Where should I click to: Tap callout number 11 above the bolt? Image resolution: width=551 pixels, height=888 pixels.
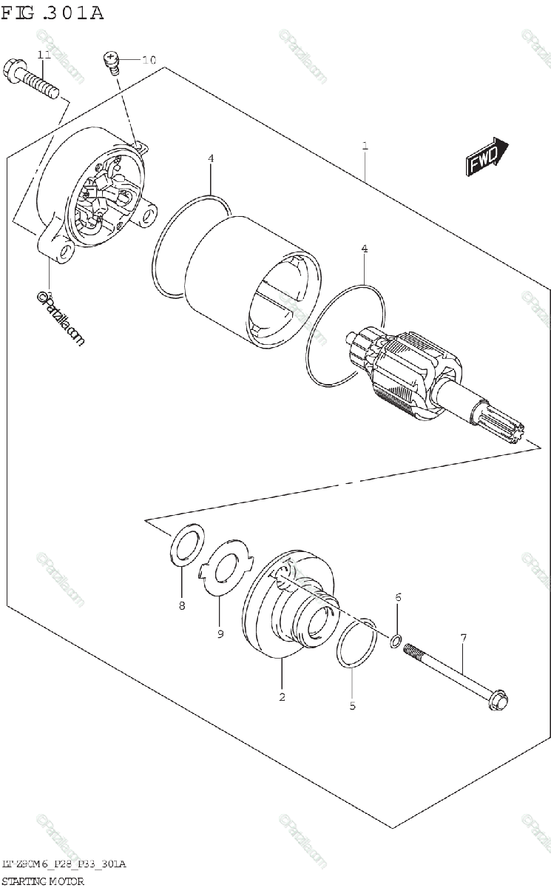click(43, 55)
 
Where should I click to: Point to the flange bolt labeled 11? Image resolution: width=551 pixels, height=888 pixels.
click(33, 80)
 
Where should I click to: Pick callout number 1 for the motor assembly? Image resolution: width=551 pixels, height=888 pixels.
click(365, 146)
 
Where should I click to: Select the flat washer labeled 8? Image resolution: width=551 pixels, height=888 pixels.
click(189, 547)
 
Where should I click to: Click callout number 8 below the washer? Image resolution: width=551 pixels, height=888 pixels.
click(182, 607)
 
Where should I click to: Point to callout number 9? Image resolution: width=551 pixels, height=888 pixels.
click(220, 633)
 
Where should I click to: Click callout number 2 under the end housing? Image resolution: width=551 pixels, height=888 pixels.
click(282, 696)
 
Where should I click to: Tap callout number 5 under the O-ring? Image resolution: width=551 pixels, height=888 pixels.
click(352, 705)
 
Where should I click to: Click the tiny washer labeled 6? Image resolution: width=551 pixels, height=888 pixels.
click(396, 640)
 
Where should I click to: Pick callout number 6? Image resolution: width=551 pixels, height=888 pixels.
click(397, 597)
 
